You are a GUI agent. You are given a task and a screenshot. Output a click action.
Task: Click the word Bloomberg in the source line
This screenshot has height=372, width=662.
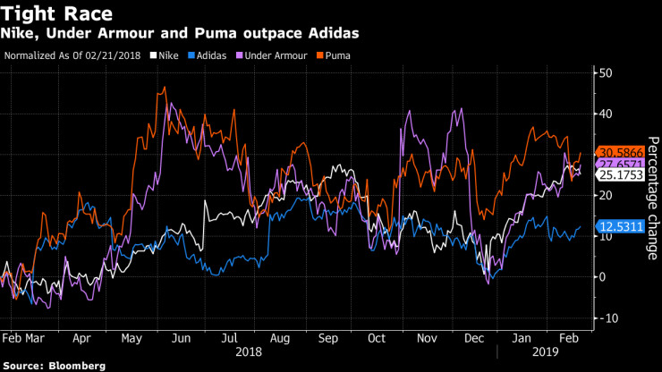pos(77,366)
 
